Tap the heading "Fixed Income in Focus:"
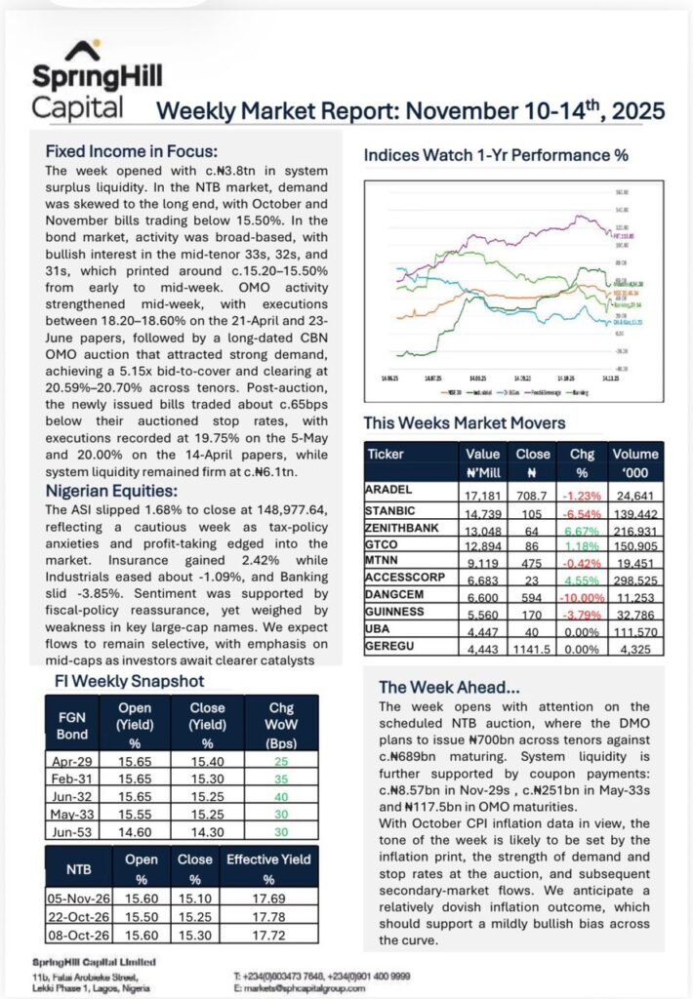[x=131, y=151]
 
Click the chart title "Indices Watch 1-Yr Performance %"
[x=496, y=154]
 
